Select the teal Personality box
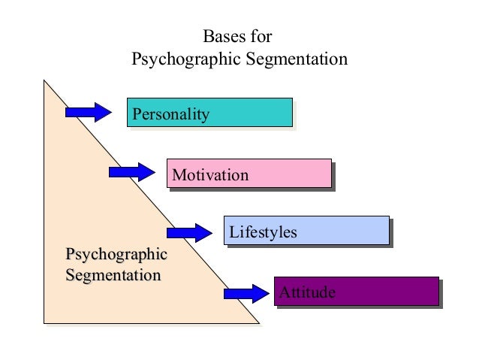pyautogui.click(x=209, y=112)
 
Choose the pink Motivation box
pyautogui.click(x=249, y=173)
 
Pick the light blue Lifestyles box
pyautogui.click(x=306, y=230)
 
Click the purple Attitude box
pyautogui.click(x=356, y=291)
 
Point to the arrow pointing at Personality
pyautogui.click(x=88, y=112)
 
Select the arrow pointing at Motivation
pyautogui.click(x=131, y=172)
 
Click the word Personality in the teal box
pyautogui.click(x=170, y=114)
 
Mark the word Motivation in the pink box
pyautogui.click(x=210, y=176)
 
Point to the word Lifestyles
pyautogui.click(x=263, y=233)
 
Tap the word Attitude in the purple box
pyautogui.click(x=307, y=292)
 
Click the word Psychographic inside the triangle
pyautogui.click(x=116, y=255)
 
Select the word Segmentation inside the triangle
pyautogui.click(x=113, y=275)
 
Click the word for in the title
pyautogui.click(x=261, y=37)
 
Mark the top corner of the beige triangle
pyautogui.click(x=44, y=80)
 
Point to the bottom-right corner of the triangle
pyautogui.click(x=258, y=323)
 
